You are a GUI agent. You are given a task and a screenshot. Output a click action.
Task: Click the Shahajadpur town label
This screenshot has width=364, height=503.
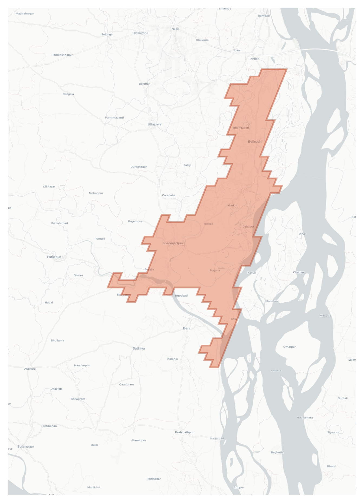(x=173, y=243)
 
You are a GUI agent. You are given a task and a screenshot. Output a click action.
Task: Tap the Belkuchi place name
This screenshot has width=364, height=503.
(x=255, y=142)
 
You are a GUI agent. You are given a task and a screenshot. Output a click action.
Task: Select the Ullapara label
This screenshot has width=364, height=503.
(x=154, y=124)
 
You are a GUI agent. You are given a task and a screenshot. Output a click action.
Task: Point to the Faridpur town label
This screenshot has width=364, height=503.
(x=54, y=257)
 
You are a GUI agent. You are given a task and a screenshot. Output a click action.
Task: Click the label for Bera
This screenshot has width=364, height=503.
(x=186, y=328)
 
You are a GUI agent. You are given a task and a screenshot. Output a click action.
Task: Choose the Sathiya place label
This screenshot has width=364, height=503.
(x=139, y=349)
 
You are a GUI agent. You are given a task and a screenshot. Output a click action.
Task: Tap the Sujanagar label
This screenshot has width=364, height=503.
(x=26, y=446)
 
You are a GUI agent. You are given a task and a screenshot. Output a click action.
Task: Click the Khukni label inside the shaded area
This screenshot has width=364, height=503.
(x=232, y=205)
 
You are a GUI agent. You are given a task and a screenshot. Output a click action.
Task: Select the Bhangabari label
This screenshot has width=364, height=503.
(x=241, y=128)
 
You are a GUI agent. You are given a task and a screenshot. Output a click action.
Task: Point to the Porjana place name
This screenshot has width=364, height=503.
(x=215, y=270)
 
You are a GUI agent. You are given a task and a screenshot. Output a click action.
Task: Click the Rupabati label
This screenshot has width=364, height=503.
(x=181, y=295)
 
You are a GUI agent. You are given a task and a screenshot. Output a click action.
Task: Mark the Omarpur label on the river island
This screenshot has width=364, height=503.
(x=289, y=347)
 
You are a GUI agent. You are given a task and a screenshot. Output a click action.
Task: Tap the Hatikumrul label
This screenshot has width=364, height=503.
(x=140, y=33)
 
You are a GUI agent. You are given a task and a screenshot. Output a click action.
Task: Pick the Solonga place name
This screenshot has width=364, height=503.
(x=107, y=34)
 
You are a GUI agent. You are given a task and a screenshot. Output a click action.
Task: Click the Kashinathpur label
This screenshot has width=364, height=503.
(x=184, y=432)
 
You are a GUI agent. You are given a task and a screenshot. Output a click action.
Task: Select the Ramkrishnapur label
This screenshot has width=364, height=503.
(x=62, y=55)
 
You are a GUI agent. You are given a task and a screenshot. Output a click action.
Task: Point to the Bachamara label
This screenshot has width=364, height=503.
(x=305, y=417)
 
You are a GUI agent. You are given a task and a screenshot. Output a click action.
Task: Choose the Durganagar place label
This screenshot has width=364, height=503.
(x=139, y=167)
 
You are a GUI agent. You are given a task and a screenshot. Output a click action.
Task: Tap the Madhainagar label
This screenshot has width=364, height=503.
(x=25, y=14)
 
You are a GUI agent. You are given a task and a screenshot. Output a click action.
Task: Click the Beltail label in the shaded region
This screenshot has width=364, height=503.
(x=208, y=224)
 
